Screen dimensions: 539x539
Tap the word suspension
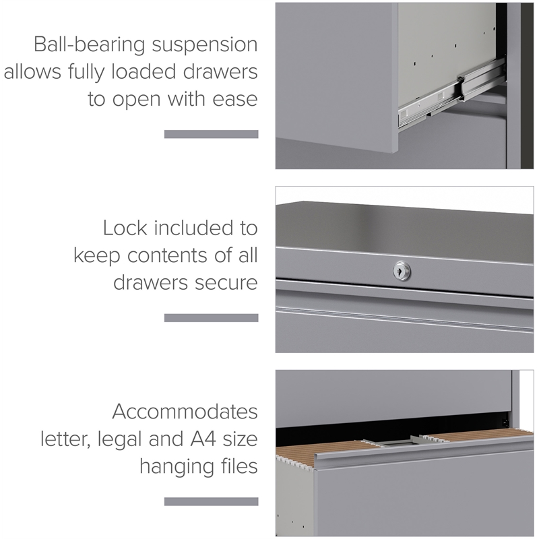pyautogui.click(x=205, y=45)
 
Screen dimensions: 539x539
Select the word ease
pyautogui.click(x=235, y=99)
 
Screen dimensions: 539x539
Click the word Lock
pyautogui.click(x=125, y=228)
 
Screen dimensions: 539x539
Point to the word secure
pyautogui.click(x=226, y=283)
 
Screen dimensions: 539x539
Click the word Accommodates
pyautogui.click(x=185, y=412)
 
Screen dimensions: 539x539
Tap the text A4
pyautogui.click(x=203, y=439)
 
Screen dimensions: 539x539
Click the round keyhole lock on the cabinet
pyautogui.click(x=402, y=271)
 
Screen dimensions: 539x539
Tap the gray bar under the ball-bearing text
pyautogui.click(x=211, y=134)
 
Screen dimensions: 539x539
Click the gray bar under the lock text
pyautogui.click(x=211, y=317)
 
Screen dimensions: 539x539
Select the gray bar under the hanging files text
pyautogui.click(x=211, y=501)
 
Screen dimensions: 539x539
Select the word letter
pyautogui.click(x=65, y=440)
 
